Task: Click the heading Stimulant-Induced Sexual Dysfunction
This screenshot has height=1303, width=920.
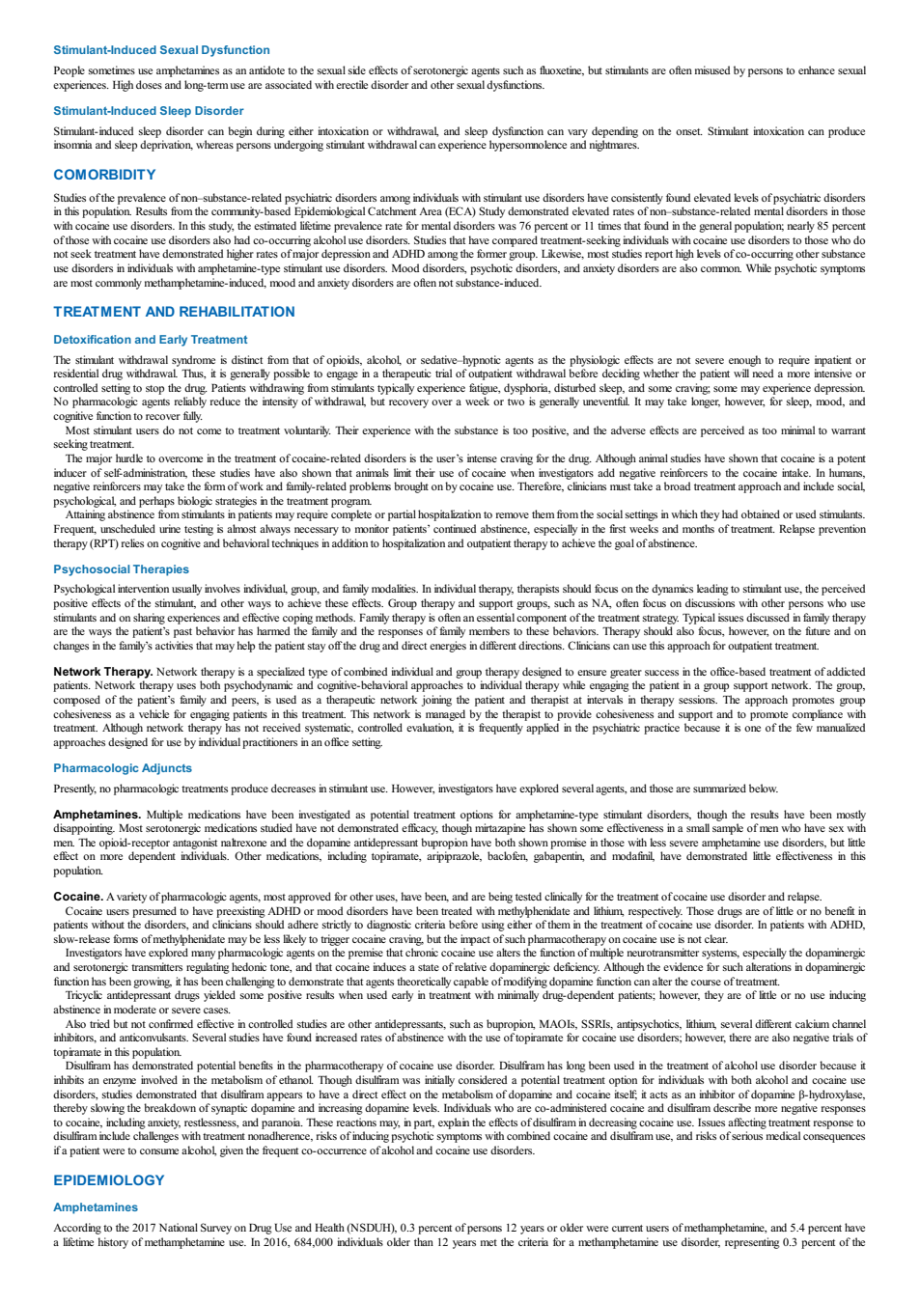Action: (x=161, y=50)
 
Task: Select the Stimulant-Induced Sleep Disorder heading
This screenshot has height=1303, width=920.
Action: (x=149, y=111)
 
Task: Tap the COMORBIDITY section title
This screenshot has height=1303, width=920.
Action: (x=105, y=175)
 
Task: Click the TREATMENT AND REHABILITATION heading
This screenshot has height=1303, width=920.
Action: (x=174, y=312)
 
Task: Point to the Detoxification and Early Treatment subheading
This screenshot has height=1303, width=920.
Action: (x=151, y=340)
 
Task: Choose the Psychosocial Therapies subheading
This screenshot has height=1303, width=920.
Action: (x=121, y=569)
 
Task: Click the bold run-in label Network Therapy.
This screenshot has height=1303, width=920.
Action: (x=103, y=672)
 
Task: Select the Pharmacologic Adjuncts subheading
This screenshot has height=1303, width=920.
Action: (x=123, y=768)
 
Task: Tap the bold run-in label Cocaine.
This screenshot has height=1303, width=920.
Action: (x=78, y=897)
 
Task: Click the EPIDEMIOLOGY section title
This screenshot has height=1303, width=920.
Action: (x=109, y=1180)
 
